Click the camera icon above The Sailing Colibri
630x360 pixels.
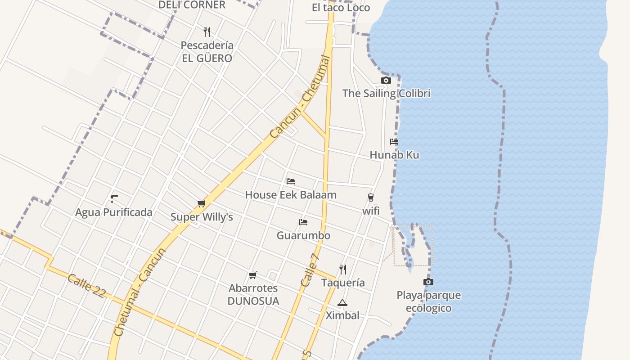coord(386,81)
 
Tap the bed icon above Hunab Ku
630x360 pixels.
coord(394,142)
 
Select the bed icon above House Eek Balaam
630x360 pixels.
coord(291,181)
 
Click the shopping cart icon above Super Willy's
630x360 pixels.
coord(201,204)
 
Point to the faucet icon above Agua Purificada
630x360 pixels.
coord(114,198)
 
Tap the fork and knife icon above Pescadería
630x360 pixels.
coord(207,32)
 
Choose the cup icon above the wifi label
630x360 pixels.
coord(370,198)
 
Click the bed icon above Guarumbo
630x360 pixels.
coord(303,222)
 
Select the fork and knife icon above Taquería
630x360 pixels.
coord(343,270)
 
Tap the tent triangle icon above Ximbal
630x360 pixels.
coord(342,302)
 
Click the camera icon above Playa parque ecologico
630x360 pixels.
coord(428,282)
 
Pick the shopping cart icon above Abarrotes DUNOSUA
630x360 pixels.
coord(253,275)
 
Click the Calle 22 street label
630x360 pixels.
coord(86,285)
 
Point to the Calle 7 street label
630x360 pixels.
coord(310,270)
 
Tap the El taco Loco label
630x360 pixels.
coord(341,8)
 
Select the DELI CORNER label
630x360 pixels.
coord(192,5)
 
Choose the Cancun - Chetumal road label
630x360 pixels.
coord(300,97)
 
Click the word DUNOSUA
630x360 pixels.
coord(253,301)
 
